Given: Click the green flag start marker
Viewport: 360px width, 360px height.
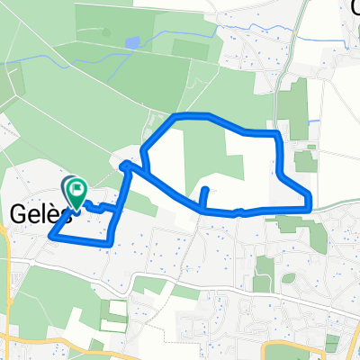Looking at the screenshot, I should tap(75, 191).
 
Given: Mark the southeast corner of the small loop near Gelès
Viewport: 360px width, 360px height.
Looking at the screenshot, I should tap(109, 243).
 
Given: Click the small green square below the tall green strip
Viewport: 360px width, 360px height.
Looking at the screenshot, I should tap(303, 162).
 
